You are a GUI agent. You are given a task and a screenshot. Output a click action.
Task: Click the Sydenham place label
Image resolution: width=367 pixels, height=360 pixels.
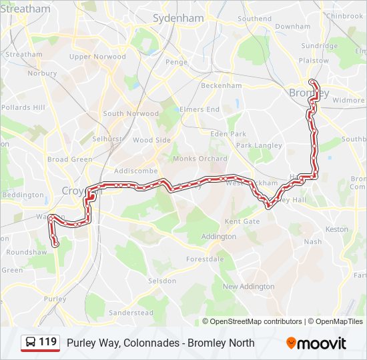coord(177,19)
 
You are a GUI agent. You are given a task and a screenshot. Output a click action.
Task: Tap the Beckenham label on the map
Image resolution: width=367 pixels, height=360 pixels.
coord(221,85)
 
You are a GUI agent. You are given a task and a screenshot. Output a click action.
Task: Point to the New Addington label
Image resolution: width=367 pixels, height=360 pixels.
coord(248,287)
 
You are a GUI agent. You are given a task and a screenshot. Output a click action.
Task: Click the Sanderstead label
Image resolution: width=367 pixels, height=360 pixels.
coord(131,312)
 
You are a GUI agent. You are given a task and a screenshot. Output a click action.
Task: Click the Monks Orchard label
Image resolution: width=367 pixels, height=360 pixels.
coord(200,159)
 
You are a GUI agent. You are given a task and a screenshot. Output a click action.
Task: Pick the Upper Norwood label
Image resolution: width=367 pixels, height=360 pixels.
coord(97,57)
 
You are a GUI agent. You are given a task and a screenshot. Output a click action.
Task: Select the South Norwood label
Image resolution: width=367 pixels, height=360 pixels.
coord(131,113)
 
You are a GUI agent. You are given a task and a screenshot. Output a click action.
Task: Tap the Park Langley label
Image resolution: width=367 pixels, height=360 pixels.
coord(259,145)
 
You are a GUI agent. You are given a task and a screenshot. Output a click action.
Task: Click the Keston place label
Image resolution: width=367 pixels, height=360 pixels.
coord(336,229)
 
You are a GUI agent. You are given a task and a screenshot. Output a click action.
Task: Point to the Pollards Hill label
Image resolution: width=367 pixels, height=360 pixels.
coord(23,107)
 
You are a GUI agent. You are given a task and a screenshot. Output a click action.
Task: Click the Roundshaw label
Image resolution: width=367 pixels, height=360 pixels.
coord(26,253)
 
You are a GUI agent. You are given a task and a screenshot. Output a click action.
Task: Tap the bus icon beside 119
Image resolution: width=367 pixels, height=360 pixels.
coord(30,343)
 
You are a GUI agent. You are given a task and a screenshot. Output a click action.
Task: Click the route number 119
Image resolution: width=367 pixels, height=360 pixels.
coord(48,343)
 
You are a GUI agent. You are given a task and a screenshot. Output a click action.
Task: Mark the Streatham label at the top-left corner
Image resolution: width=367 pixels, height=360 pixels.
coord(25,9)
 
